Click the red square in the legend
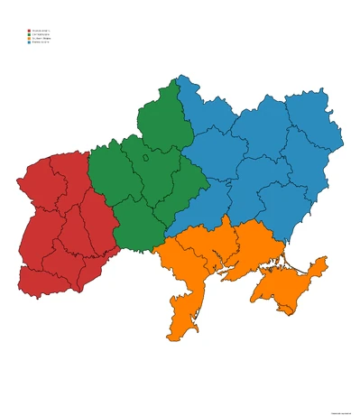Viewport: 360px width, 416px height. coord(29,30)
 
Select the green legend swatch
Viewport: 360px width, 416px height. coord(29,34)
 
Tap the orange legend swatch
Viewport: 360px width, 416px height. coord(29,39)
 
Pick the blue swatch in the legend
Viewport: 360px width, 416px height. coord(29,43)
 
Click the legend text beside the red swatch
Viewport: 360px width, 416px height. coord(41,30)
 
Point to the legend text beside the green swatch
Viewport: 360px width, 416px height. coord(41,34)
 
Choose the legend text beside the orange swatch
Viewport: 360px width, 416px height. coord(42,39)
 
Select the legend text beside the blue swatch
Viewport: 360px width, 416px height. coord(41,43)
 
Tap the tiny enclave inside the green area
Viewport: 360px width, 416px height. coord(144,159)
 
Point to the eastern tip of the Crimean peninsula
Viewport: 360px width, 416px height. coord(325,263)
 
